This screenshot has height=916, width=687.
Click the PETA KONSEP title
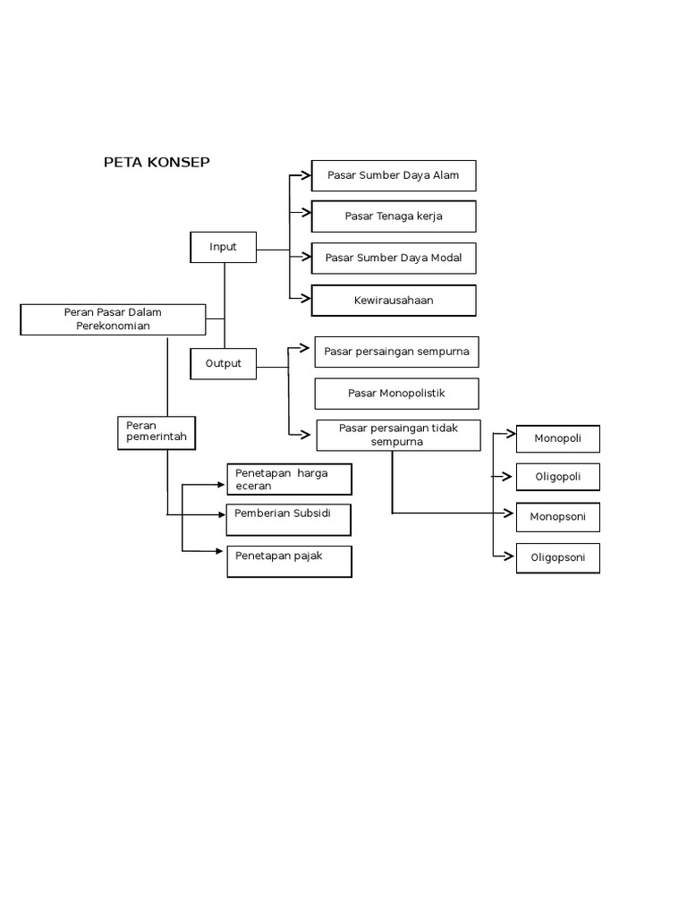coord(157,162)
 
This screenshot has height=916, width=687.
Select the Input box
coord(223,247)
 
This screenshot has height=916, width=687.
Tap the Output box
coord(223,363)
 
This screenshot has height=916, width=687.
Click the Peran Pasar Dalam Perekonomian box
coord(113,319)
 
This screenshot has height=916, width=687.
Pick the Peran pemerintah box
coord(157,432)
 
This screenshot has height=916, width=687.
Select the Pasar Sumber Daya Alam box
coord(394,175)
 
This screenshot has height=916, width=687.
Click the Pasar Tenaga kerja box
coord(394,216)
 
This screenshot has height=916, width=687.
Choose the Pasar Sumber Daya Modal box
coord(394,258)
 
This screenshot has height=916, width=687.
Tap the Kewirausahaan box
coord(394,301)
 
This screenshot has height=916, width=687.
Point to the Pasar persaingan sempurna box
coord(396,352)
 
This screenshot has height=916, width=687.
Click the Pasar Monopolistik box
coord(396,394)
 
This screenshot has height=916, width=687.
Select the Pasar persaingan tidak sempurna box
coord(398,435)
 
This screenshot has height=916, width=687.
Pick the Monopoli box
coord(557,438)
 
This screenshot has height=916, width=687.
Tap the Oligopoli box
coord(557,477)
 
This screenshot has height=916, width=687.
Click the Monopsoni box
coord(557,517)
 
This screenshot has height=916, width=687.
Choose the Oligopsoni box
coord(557,557)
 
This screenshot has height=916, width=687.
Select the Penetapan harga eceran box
coord(289,479)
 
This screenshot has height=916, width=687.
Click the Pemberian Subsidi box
coord(288,519)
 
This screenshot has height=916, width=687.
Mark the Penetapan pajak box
coord(289,561)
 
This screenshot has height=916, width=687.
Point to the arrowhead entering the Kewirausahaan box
coord(306,297)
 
